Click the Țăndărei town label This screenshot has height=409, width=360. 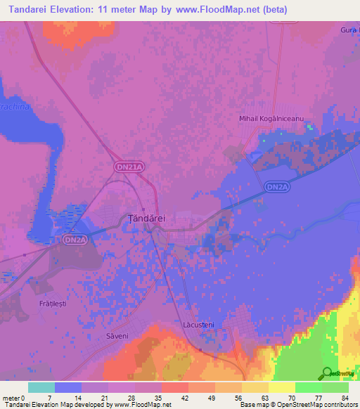tap(146, 219)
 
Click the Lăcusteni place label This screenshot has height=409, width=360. tap(198, 325)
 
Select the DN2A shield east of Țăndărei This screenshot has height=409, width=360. tap(277, 187)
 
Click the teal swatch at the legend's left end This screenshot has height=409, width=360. tap(41, 387)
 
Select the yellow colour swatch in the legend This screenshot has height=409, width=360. tap(282, 387)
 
